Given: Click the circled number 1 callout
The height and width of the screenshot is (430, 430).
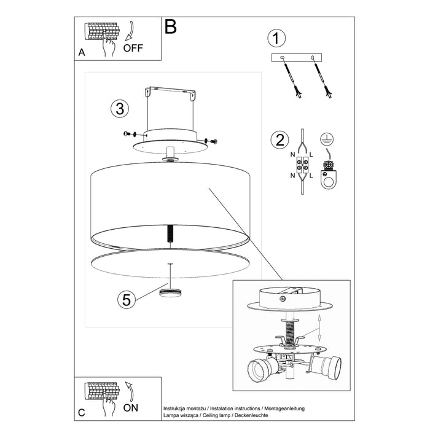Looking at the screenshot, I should point(277,38).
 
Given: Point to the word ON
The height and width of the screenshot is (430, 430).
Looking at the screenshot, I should point(131,407).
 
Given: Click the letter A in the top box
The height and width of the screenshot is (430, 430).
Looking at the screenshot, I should point(82,53).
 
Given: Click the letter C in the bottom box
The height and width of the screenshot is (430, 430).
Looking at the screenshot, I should point(82,411).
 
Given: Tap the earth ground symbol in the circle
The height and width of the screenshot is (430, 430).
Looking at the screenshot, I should point(327,139).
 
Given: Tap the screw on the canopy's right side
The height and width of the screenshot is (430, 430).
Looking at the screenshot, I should point(212,141).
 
